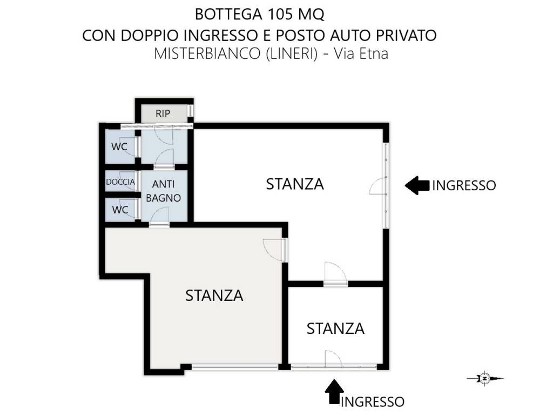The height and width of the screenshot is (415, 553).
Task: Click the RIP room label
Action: [x=163, y=114]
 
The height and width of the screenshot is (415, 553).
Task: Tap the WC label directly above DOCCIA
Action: [x=119, y=146]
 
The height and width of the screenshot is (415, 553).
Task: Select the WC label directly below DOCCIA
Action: [x=120, y=210]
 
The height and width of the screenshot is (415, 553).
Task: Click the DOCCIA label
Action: [x=120, y=182]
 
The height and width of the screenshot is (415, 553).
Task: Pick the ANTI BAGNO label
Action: [x=163, y=191]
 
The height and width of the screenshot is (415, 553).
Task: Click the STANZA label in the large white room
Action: [x=295, y=184]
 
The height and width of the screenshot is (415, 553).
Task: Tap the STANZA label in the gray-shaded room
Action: [x=214, y=296]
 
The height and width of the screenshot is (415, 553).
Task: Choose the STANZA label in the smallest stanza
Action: [x=335, y=328]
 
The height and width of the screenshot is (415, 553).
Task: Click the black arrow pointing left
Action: [x=417, y=185]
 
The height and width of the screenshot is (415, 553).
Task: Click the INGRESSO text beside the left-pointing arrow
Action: [x=464, y=186]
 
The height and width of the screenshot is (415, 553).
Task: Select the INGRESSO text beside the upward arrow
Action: [x=373, y=401]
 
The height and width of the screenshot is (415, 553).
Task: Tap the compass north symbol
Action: [x=485, y=379]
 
